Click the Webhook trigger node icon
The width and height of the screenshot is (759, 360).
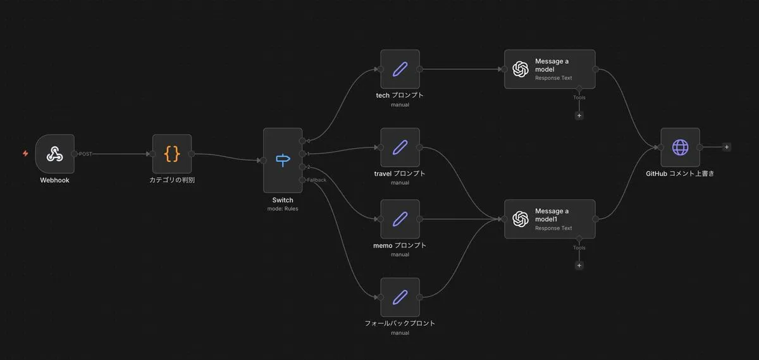(54, 154)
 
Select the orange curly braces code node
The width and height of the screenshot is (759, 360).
(172, 154)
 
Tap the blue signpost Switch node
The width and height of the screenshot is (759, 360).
(283, 160)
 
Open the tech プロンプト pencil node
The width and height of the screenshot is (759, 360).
(400, 69)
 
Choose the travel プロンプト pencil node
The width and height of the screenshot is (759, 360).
(400, 147)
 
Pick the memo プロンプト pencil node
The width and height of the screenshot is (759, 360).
(400, 219)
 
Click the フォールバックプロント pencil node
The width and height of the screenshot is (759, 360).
(400, 297)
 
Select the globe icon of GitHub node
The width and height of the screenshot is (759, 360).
(680, 147)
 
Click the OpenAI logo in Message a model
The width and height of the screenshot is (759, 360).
(521, 69)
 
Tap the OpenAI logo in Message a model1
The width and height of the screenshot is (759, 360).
(521, 219)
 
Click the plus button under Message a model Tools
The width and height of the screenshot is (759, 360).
(579, 116)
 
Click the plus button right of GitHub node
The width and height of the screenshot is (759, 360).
(727, 147)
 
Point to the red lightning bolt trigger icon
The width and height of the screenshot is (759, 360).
(25, 154)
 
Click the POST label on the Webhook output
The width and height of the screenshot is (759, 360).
(85, 154)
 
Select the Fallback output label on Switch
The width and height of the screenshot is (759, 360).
(316, 180)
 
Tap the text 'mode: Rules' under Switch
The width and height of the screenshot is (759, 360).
(283, 209)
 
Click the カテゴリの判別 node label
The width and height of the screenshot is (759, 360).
(172, 180)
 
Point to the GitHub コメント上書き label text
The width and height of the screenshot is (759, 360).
(680, 173)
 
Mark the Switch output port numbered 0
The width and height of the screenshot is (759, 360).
(302, 140)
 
